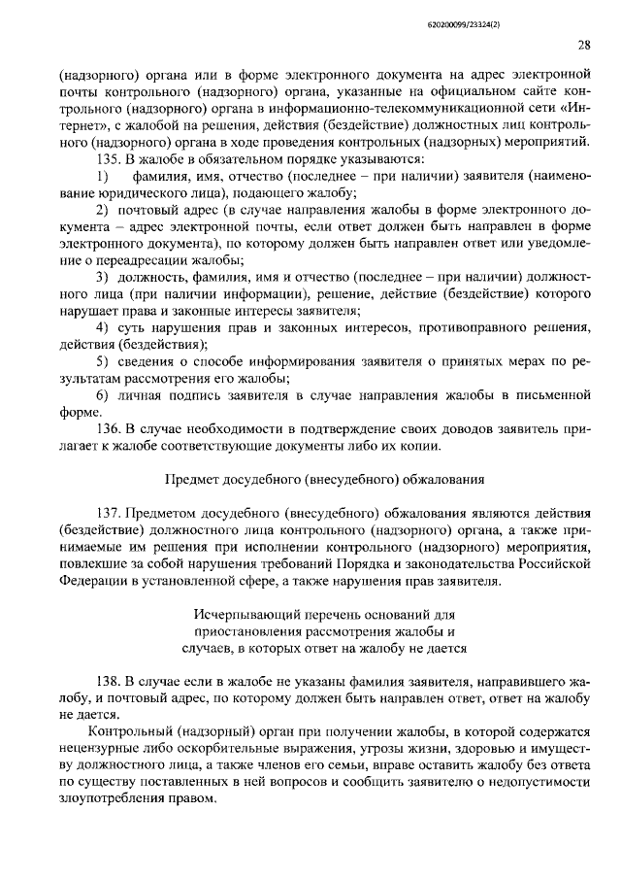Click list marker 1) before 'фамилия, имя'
(102, 176)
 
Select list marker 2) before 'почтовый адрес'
(102, 210)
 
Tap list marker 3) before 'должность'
(102, 278)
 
